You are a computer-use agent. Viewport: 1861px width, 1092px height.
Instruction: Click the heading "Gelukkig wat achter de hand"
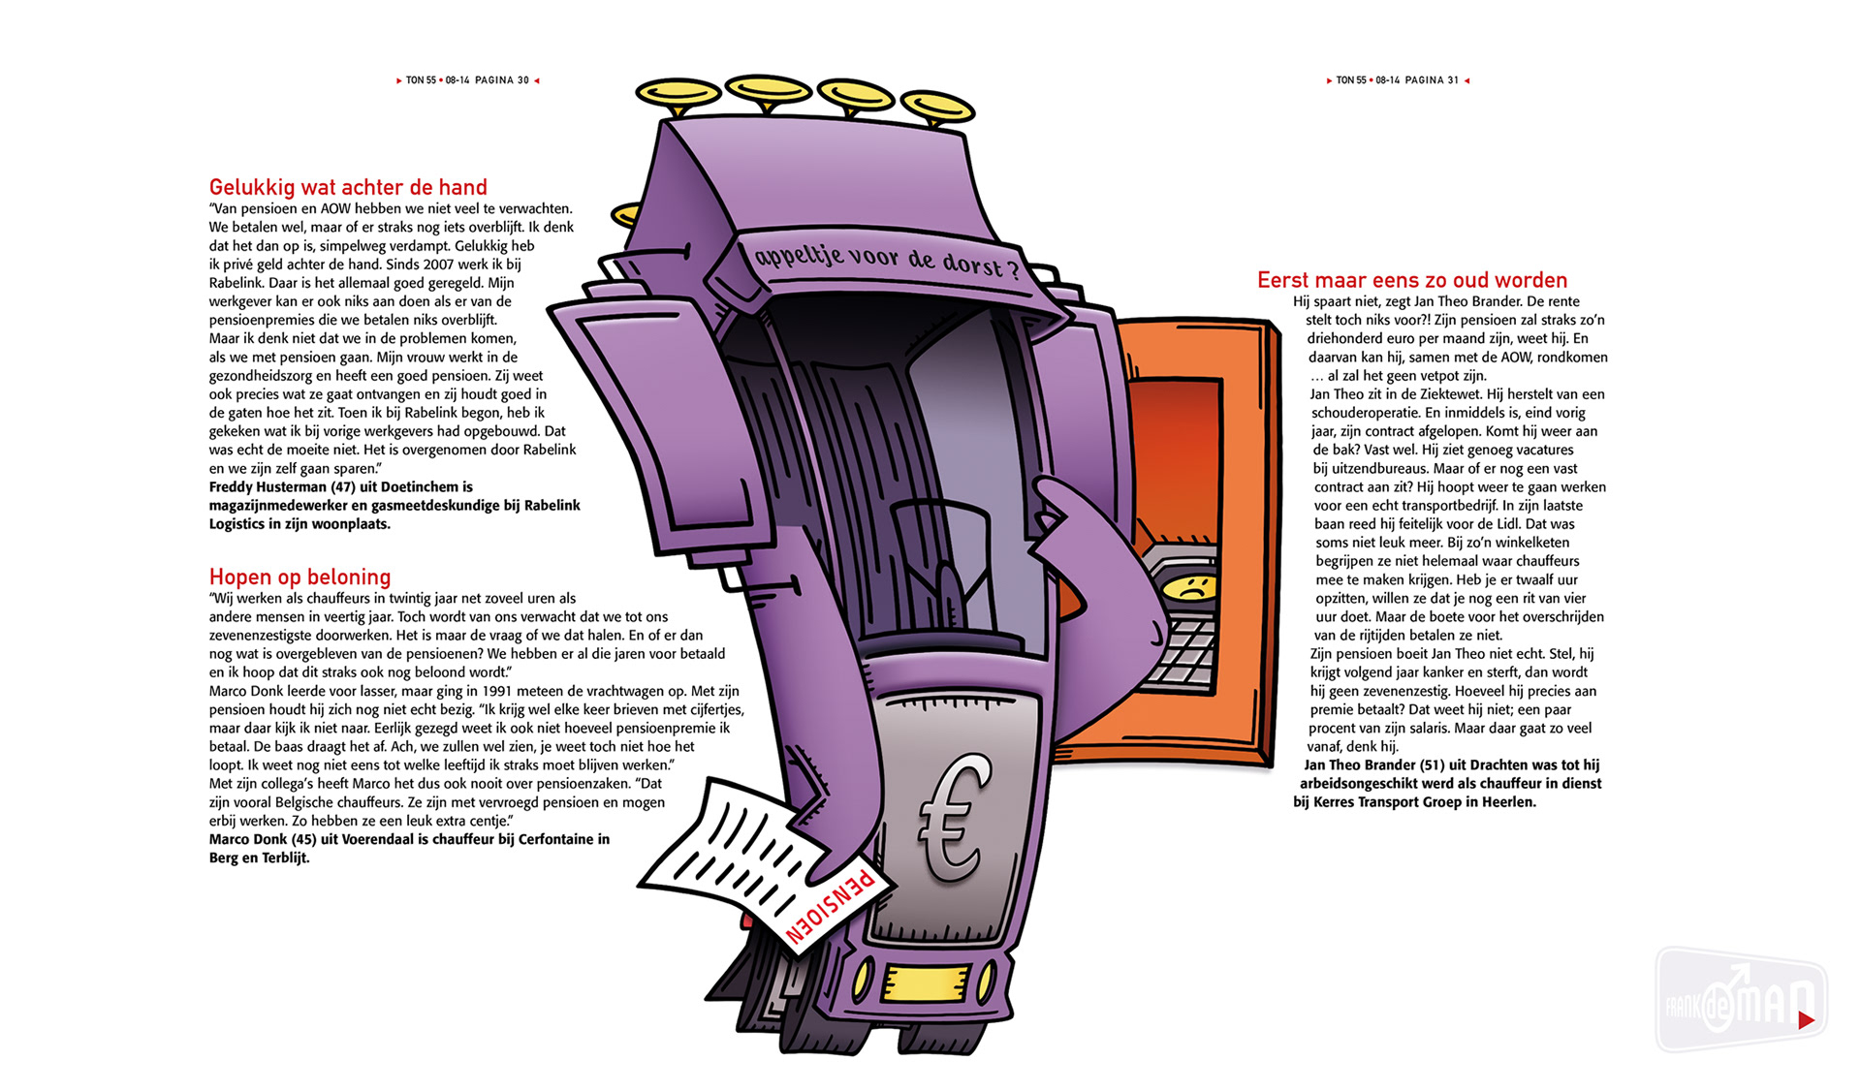(348, 187)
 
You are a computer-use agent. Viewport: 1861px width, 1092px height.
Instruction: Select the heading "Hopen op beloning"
(300, 577)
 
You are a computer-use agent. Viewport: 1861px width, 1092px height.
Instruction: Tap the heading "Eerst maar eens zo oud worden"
(1412, 280)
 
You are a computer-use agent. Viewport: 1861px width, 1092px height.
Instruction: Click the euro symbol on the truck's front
(955, 819)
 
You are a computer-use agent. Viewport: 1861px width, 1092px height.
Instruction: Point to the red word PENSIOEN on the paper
(831, 907)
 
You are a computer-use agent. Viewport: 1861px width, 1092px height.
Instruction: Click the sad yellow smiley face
(1187, 587)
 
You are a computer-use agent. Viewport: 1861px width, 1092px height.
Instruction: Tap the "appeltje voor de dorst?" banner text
(886, 260)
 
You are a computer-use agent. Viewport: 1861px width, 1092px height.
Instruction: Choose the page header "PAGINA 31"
(1432, 80)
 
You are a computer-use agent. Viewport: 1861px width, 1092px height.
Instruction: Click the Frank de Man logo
(1741, 1000)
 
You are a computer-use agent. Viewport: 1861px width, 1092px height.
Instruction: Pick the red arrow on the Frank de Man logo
(1806, 1019)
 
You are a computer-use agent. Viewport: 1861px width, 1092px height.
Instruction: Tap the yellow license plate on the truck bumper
(927, 983)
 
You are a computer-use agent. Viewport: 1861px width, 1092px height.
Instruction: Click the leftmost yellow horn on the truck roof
(678, 94)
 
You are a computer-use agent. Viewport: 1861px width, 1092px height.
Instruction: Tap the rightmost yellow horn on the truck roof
(936, 107)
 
